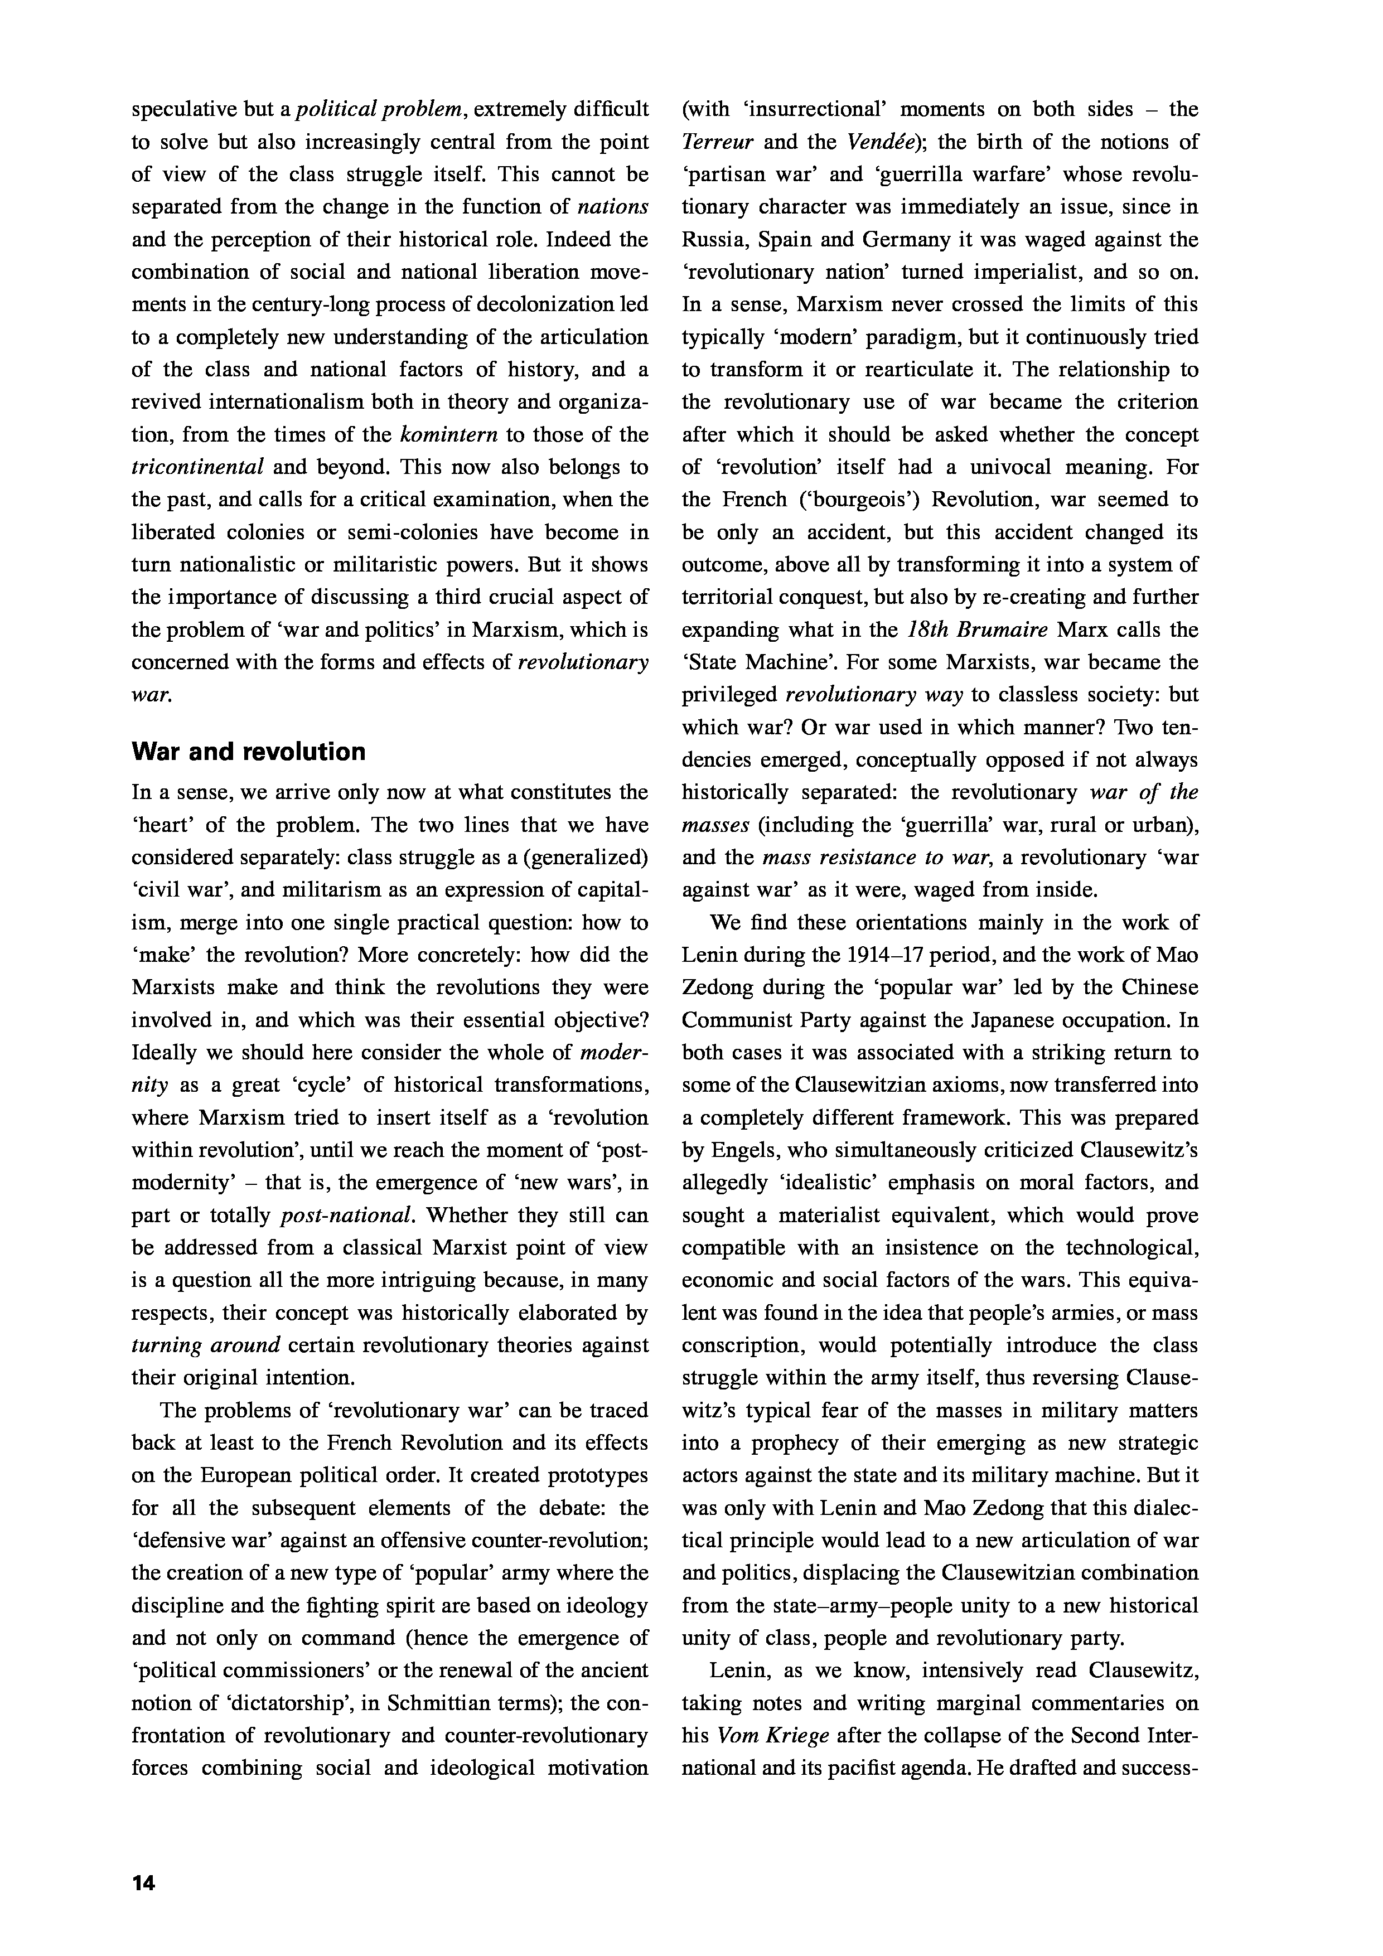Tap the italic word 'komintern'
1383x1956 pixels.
pos(449,434)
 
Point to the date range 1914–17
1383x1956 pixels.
pos(881,955)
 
